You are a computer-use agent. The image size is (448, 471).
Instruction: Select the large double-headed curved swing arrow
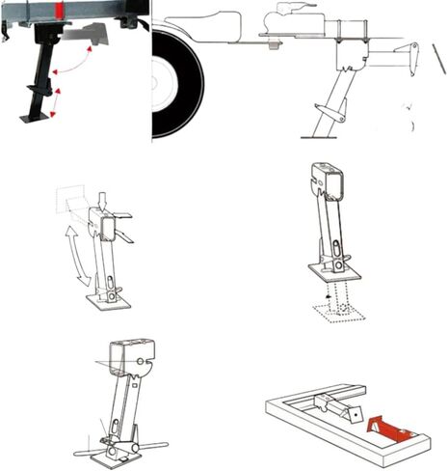point(77,254)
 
